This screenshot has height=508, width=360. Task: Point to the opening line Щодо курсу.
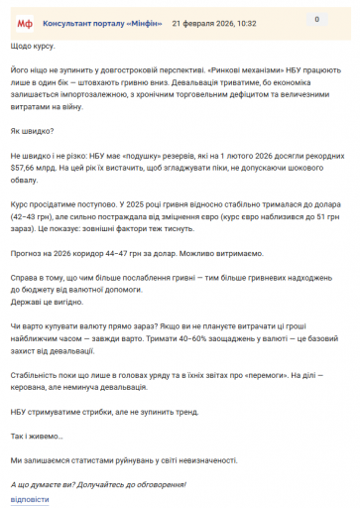(x=34, y=47)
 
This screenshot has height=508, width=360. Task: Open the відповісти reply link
(x=30, y=499)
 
